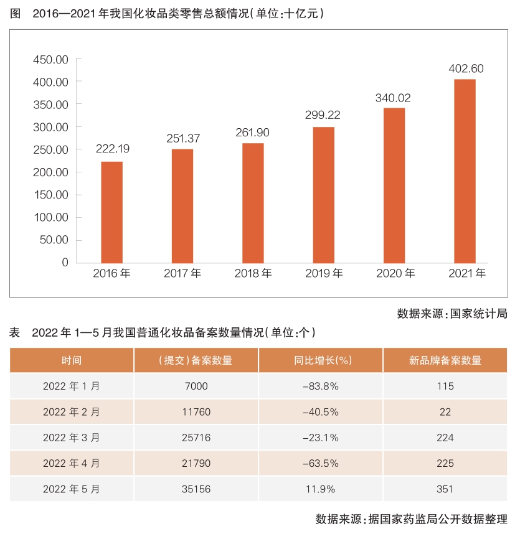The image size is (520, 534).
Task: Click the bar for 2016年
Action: point(112,212)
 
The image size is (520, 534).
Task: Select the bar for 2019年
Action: point(324,194)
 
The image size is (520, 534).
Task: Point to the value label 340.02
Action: point(393,98)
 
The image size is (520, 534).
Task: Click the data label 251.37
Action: point(183,139)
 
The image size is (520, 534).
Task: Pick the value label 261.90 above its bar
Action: point(253,133)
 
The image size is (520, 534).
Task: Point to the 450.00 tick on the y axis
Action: point(51,59)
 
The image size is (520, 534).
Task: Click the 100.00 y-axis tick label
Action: point(51,217)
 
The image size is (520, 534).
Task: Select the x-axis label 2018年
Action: point(253,273)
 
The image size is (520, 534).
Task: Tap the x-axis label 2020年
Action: point(394,273)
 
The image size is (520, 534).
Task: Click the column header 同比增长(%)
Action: point(320,360)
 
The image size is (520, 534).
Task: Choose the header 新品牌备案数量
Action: point(445,360)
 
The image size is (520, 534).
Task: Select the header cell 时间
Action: point(71,360)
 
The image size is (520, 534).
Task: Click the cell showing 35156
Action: point(196,489)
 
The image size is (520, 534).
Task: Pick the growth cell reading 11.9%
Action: point(320,489)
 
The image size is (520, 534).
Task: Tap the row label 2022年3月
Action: point(71,438)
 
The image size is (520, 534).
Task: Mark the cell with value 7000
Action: point(196,386)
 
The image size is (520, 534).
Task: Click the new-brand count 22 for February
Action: point(445,412)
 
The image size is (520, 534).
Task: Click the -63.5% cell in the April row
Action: point(320,464)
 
